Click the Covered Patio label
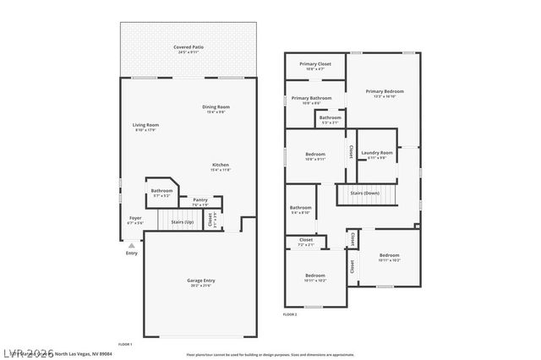point(189,47)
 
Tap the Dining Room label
point(216,106)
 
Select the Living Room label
point(145,125)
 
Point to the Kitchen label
point(221,165)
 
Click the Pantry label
point(199,199)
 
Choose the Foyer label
point(135,218)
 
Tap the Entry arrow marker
point(131,245)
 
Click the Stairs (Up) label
point(183,222)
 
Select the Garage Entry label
point(200,280)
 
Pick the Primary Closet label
point(314,64)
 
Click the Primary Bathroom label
point(311,98)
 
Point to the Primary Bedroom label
point(385,91)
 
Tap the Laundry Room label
point(377,153)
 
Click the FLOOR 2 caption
point(290,314)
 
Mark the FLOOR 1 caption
point(125,344)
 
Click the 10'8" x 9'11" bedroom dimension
point(314,159)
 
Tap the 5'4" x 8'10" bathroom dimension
point(300,212)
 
